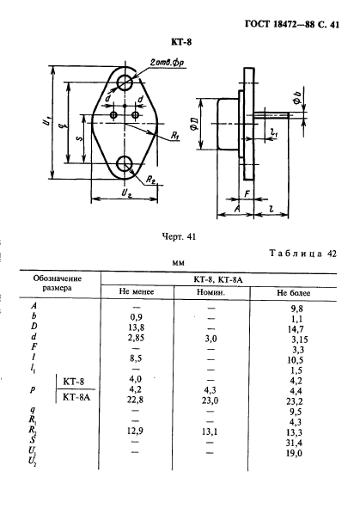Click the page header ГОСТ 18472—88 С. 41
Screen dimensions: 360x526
coord(292,24)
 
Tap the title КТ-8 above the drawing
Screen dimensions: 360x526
coord(181,42)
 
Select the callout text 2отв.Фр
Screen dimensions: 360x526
coord(167,63)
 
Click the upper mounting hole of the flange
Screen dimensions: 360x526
coord(125,82)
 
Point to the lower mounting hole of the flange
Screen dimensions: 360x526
coord(125,163)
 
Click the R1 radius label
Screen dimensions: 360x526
coord(175,135)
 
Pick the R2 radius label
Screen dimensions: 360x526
coord(150,180)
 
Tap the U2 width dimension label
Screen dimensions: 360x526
coord(125,193)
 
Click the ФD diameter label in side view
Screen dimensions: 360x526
coord(195,124)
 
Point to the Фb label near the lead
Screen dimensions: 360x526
coord(297,97)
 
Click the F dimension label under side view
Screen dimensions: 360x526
coord(247,193)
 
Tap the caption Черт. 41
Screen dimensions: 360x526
coord(179,236)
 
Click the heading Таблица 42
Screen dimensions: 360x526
coord(302,254)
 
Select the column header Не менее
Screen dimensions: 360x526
coord(137,291)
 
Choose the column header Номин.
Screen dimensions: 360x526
coord(211,292)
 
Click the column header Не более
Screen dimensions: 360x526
coord(293,293)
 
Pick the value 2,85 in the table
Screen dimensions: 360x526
coord(136,338)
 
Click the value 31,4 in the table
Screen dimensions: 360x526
coord(294,443)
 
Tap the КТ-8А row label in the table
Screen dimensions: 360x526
coord(76,397)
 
